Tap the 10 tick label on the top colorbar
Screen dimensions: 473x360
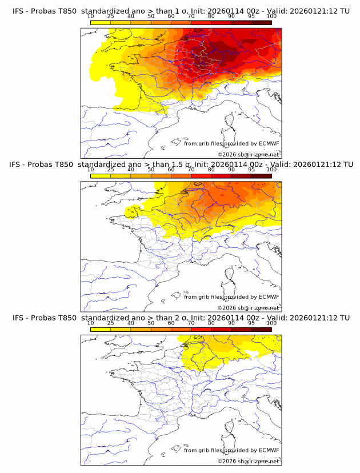click(x=91, y=16)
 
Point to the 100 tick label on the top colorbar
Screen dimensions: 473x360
click(x=271, y=16)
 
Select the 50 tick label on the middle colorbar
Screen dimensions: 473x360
click(x=151, y=170)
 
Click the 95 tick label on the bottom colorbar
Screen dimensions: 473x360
click(x=251, y=323)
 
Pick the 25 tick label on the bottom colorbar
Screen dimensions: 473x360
click(x=111, y=323)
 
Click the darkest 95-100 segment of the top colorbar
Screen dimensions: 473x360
click(x=261, y=22)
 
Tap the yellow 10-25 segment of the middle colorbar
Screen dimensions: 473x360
click(x=101, y=176)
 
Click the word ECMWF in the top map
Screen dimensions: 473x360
click(x=269, y=143)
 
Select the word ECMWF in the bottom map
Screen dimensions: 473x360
click(x=269, y=450)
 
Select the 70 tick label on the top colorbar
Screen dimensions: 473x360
click(x=191, y=16)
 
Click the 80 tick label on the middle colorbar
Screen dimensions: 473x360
click(x=211, y=170)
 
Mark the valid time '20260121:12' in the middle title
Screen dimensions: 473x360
click(x=315, y=164)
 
